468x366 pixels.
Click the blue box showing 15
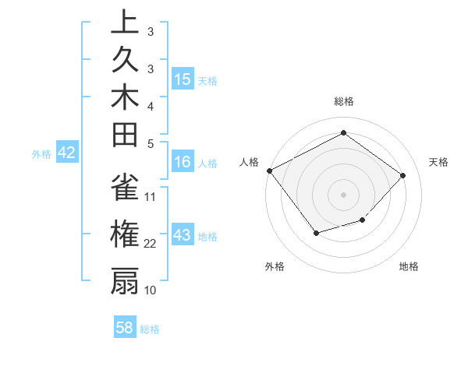pyautogui.click(x=183, y=79)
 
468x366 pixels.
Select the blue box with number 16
pyautogui.click(x=183, y=162)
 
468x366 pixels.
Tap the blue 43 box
pyautogui.click(x=183, y=235)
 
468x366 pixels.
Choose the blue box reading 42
pyautogui.click(x=66, y=153)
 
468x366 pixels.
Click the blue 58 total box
pyautogui.click(x=125, y=328)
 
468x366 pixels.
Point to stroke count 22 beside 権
pyautogui.click(x=151, y=244)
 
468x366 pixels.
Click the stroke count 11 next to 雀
pyautogui.click(x=151, y=196)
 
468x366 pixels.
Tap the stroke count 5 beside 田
pyautogui.click(x=151, y=143)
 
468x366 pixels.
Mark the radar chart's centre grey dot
pyautogui.click(x=343, y=195)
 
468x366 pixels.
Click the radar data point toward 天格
pyautogui.click(x=402, y=175)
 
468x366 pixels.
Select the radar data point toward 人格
pyautogui.click(x=269, y=171)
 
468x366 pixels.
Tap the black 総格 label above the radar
pyautogui.click(x=343, y=101)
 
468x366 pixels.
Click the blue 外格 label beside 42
pyautogui.click(x=41, y=154)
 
